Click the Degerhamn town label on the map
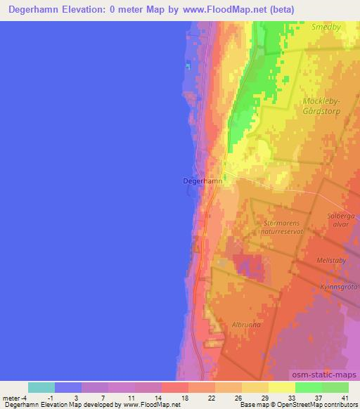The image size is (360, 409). (202, 181)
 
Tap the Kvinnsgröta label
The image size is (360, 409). (340, 286)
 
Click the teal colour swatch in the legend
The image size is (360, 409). (41, 387)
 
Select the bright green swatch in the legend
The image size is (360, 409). (309, 387)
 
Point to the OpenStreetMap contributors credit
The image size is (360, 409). (313, 405)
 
